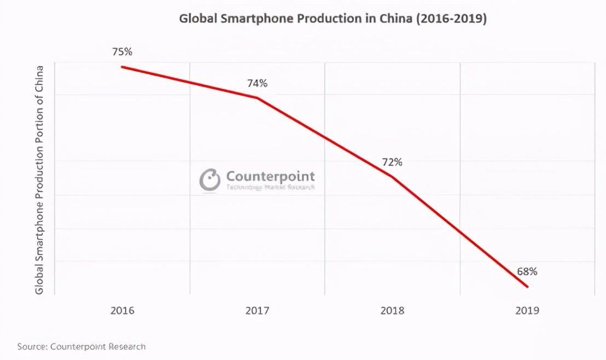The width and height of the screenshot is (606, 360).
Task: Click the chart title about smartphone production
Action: [x=333, y=19]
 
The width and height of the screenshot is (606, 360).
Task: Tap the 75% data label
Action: [x=122, y=52]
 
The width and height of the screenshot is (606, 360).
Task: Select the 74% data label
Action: [x=257, y=83]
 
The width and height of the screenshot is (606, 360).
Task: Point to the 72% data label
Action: [x=392, y=162]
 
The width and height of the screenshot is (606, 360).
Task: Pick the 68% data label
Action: [x=527, y=271]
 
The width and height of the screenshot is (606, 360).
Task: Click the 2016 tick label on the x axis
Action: [x=122, y=310]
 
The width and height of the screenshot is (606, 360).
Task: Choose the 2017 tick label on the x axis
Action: [x=257, y=310]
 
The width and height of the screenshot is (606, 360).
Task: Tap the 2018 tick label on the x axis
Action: [x=392, y=310]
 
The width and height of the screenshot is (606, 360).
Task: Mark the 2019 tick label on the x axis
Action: [x=527, y=310]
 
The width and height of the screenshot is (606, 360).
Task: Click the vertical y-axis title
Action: [x=39, y=179]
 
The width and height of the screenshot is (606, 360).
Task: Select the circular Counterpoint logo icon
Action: [x=209, y=179]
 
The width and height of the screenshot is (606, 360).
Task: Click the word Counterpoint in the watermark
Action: [x=270, y=176]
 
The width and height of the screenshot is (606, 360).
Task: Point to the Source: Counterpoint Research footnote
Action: [x=81, y=346]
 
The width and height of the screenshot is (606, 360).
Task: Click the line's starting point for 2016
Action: [x=122, y=67]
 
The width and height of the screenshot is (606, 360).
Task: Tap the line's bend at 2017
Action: [x=257, y=98]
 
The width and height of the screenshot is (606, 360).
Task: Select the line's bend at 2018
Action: [x=392, y=176]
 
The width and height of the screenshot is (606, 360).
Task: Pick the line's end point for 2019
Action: [x=527, y=286]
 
